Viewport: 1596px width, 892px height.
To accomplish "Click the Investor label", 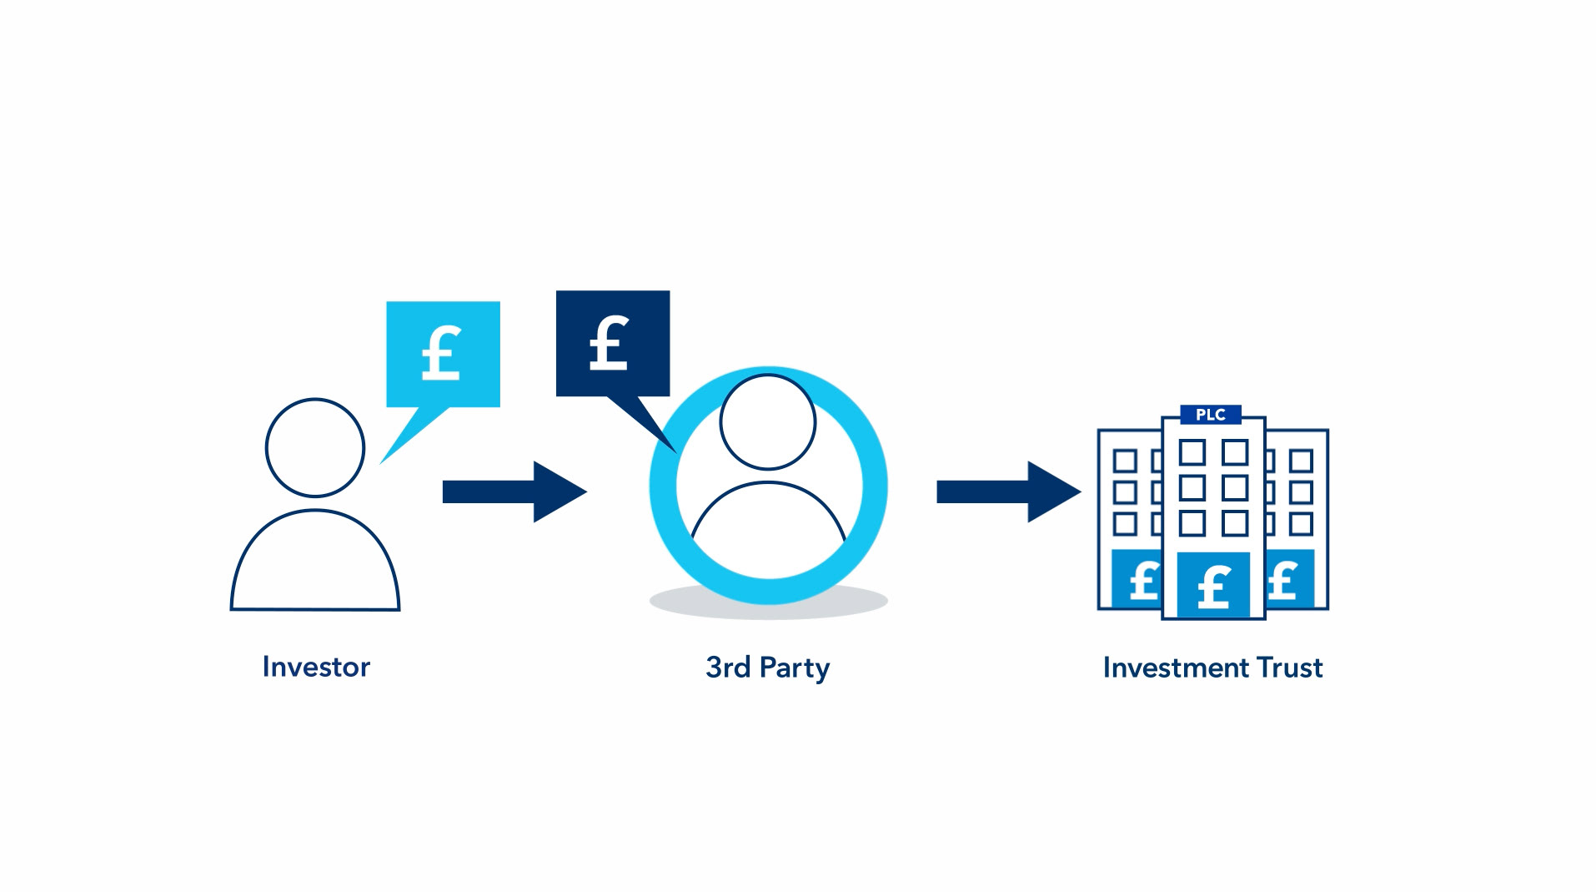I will [x=316, y=667].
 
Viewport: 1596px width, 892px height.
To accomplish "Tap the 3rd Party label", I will [x=767, y=668].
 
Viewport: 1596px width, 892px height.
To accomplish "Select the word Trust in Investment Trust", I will [x=1290, y=668].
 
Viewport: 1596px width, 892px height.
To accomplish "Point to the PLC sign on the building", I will [x=1211, y=415].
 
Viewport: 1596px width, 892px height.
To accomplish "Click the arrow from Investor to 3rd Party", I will [x=514, y=491].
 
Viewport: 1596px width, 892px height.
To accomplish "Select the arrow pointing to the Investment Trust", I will [x=1008, y=491].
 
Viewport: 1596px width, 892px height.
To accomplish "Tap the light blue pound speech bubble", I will [x=443, y=355].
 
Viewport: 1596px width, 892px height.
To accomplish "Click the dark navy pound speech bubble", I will [x=613, y=344].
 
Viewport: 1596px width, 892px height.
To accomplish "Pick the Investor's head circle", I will [x=315, y=448].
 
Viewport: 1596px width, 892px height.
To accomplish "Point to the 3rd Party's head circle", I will [x=767, y=422].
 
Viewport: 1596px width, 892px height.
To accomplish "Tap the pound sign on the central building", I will [x=1213, y=586].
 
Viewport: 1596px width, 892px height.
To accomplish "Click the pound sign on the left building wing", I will [x=1143, y=580].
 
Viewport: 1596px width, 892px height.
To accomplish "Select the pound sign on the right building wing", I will [x=1283, y=580].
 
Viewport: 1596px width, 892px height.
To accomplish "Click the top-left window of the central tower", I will [x=1192, y=453].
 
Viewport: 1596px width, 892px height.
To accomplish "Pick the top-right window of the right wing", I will [x=1301, y=461].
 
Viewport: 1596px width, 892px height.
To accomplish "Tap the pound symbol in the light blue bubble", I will [x=441, y=353].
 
